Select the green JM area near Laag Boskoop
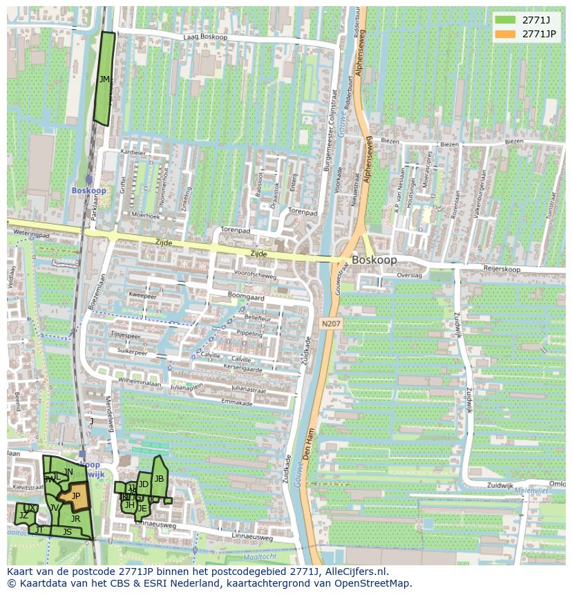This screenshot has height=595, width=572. pyautogui.click(x=104, y=79)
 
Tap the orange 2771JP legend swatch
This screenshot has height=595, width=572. pyautogui.click(x=505, y=34)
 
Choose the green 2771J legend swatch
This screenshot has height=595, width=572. pyautogui.click(x=505, y=19)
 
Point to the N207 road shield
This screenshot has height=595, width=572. pyautogui.click(x=331, y=323)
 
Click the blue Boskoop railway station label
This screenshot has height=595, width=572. pyautogui.click(x=88, y=190)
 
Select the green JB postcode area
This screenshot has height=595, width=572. pyautogui.click(x=159, y=478)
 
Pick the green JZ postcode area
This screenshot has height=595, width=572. pyautogui.click(x=23, y=515)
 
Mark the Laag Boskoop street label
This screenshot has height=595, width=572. pyautogui.click(x=205, y=37)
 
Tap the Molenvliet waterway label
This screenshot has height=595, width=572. pyautogui.click(x=531, y=490)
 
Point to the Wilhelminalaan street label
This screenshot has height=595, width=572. pyautogui.click(x=139, y=382)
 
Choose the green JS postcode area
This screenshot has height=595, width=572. pyautogui.click(x=67, y=531)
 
